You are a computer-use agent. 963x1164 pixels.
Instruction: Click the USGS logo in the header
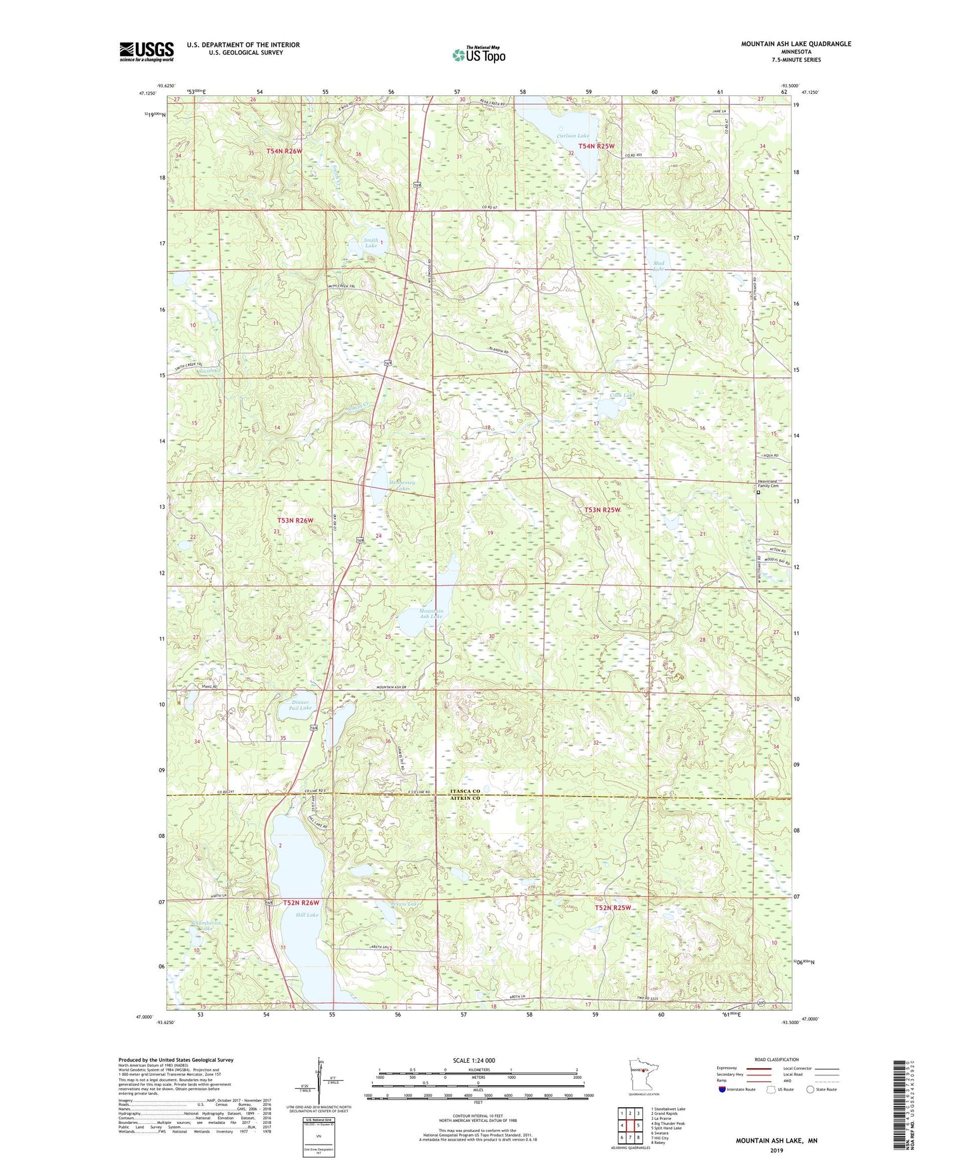coord(147,51)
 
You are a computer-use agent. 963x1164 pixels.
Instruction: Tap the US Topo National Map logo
coord(479,55)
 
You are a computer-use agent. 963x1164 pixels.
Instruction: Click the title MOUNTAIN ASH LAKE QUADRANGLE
coord(796,44)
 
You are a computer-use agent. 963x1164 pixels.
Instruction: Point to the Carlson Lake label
coord(573,136)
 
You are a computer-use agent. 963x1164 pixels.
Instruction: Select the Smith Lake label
coord(371,243)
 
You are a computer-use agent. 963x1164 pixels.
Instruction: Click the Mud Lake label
coord(658,267)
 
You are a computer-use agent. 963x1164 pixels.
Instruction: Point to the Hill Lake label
coord(307,915)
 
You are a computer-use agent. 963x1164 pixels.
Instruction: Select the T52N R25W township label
coord(612,908)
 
